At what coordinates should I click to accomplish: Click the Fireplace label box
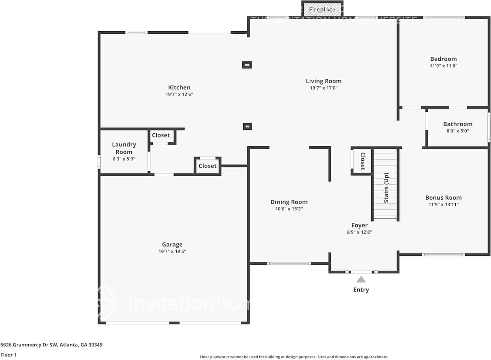pos(322,9)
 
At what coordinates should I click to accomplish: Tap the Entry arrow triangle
pos(361,279)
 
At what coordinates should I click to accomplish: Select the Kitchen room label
pos(179,87)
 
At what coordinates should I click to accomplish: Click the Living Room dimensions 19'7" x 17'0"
pos(323,88)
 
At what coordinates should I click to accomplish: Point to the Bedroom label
pos(443,59)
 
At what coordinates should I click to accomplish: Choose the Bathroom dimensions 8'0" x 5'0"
pos(457,131)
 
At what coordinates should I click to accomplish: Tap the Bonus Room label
pos(443,198)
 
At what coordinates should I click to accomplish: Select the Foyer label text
pos(359,225)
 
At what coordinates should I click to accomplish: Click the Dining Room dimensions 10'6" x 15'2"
pos(289,209)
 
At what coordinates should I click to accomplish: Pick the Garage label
pos(172,244)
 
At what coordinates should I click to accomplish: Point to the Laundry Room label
pos(124,148)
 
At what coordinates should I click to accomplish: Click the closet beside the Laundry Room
pos(161,135)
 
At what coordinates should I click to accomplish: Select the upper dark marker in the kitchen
pos(247,64)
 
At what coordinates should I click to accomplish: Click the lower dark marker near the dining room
pos(247,126)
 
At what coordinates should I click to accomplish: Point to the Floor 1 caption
pos(9,355)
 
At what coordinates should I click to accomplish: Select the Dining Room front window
pos(288,264)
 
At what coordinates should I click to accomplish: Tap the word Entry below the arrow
pos(361,290)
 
